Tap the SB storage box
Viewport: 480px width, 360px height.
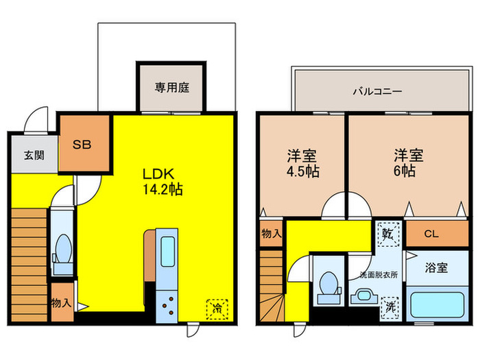83,145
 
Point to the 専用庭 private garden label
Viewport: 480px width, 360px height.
171,87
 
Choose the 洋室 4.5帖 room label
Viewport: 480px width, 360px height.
302,163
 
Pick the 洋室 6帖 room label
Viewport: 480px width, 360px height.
404,163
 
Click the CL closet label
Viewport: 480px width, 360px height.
431,234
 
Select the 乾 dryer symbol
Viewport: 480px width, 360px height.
387,232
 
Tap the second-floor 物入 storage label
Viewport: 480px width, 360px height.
272,234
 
